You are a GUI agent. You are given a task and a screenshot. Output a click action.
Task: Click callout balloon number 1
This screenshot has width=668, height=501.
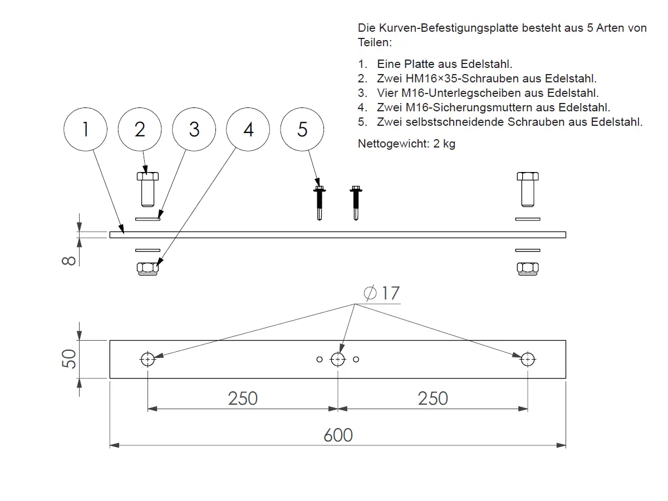pos(85,130)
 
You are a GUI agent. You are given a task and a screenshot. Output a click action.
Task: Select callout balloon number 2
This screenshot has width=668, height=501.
pos(140,130)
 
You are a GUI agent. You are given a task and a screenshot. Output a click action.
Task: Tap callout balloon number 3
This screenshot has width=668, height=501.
pos(194,130)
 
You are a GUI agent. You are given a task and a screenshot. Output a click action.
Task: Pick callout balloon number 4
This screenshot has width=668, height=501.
pos(248,130)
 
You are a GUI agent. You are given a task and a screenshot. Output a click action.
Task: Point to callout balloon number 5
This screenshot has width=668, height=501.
pos(302,130)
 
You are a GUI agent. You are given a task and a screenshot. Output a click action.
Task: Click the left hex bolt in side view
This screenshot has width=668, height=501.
pos(148,188)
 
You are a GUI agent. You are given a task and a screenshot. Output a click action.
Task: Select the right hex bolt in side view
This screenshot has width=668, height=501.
pos(527,188)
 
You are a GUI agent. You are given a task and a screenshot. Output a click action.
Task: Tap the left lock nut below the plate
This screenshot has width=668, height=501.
pos(148,268)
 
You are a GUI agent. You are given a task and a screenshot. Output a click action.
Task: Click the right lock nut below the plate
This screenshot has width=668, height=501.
pos(527,268)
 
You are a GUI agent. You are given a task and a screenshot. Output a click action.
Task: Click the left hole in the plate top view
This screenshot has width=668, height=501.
pos(148,359)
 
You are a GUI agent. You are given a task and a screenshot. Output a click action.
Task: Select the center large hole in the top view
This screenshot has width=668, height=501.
pos(337,359)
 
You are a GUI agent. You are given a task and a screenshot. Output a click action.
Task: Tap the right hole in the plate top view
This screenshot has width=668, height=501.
pos(527,359)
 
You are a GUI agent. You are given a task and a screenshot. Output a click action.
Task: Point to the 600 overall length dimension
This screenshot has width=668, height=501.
pos(338,435)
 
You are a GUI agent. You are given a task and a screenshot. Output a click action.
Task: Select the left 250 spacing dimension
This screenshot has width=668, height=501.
pos(243,398)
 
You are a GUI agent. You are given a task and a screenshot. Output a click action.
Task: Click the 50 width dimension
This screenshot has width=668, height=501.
pos(68,359)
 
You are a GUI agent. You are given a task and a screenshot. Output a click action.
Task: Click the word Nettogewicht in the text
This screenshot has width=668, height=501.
pos(391,144)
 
